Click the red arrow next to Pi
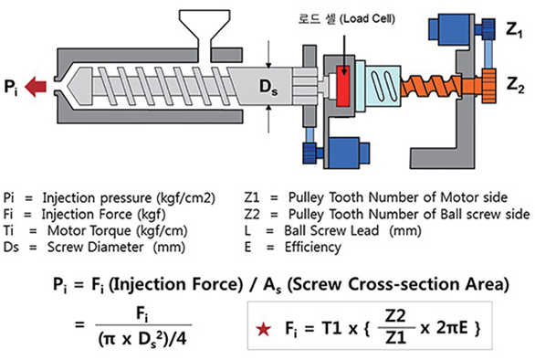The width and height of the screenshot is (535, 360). (x=36, y=87)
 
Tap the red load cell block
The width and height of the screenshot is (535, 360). (x=343, y=86)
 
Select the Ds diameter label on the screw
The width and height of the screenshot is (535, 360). (x=268, y=87)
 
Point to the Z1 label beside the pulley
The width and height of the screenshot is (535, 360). (x=514, y=30)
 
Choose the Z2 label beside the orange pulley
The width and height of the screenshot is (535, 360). (x=515, y=85)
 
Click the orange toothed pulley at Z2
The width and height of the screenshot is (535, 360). (x=488, y=85)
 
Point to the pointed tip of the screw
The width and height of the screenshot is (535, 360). (x=68, y=85)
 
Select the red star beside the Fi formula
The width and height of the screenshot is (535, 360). (x=264, y=329)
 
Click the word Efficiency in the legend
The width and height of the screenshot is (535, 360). (x=313, y=247)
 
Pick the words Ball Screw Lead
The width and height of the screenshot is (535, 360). (x=331, y=230)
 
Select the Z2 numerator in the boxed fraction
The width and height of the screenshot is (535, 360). (x=395, y=317)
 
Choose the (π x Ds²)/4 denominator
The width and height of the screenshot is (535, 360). (x=142, y=339)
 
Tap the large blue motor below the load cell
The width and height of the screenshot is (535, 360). (x=345, y=153)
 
